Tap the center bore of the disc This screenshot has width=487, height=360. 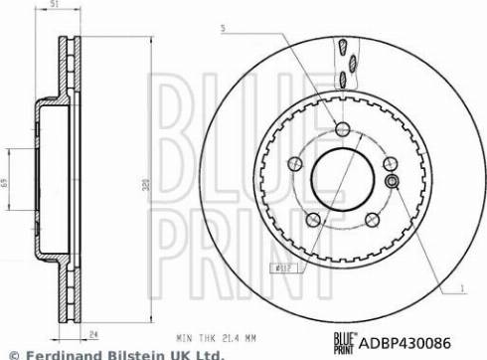point(341,180)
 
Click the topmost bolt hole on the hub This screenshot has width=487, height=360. point(342,128)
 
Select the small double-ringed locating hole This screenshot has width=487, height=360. point(392,181)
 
